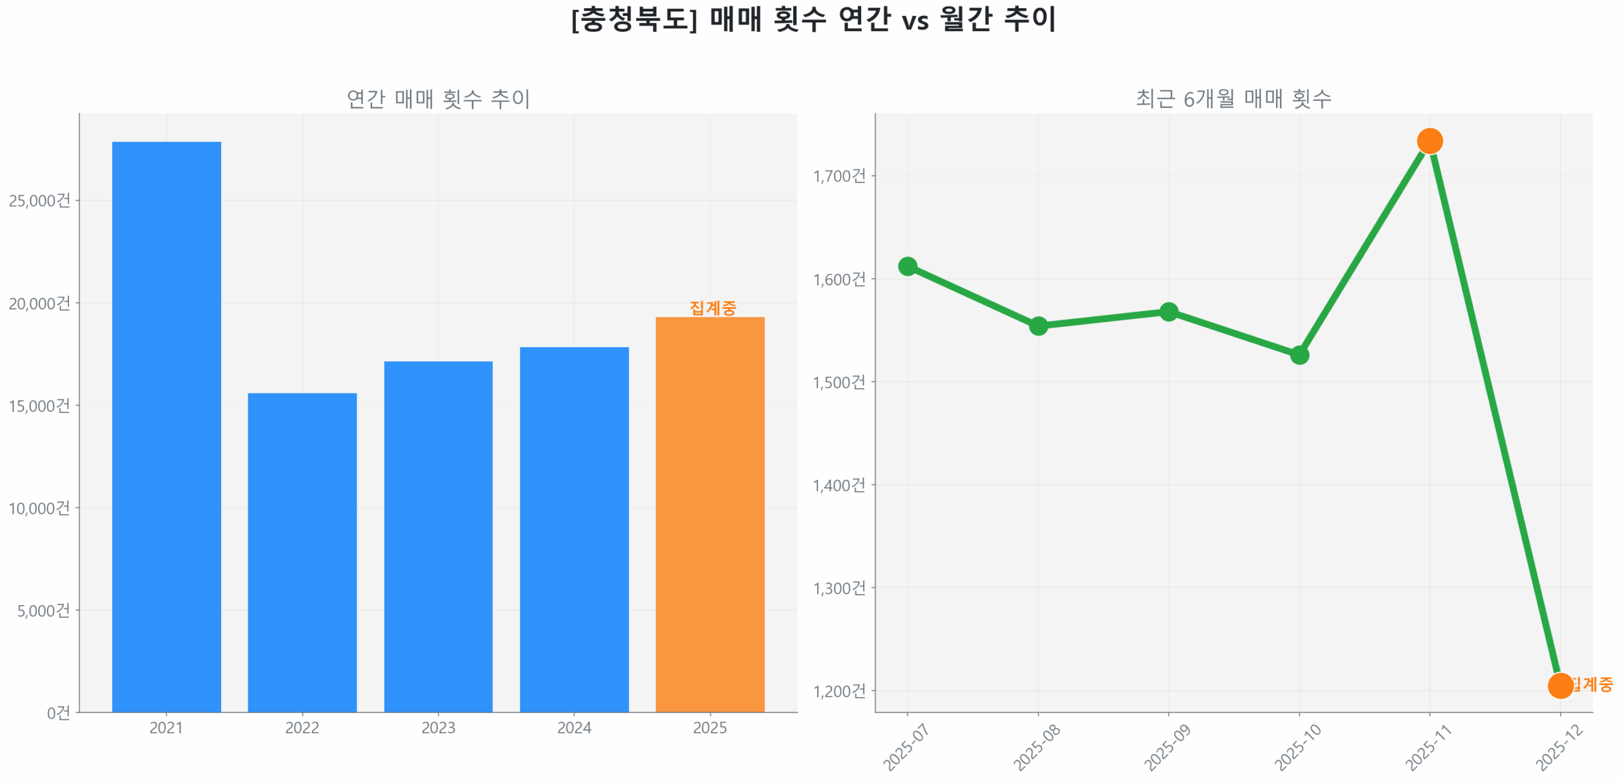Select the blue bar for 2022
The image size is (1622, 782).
point(302,551)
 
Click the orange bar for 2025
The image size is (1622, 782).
point(709,513)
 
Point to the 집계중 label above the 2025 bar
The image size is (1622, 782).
point(712,307)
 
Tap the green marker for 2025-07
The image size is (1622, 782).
point(907,266)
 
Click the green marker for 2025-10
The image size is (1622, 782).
point(1298,354)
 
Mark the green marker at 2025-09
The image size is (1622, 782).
point(1168,311)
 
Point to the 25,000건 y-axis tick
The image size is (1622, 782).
point(39,200)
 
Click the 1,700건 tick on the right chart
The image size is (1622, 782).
point(838,176)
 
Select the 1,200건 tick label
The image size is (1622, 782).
point(838,690)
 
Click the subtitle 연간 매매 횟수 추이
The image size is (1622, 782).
point(438,98)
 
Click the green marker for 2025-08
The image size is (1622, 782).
point(1037,326)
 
